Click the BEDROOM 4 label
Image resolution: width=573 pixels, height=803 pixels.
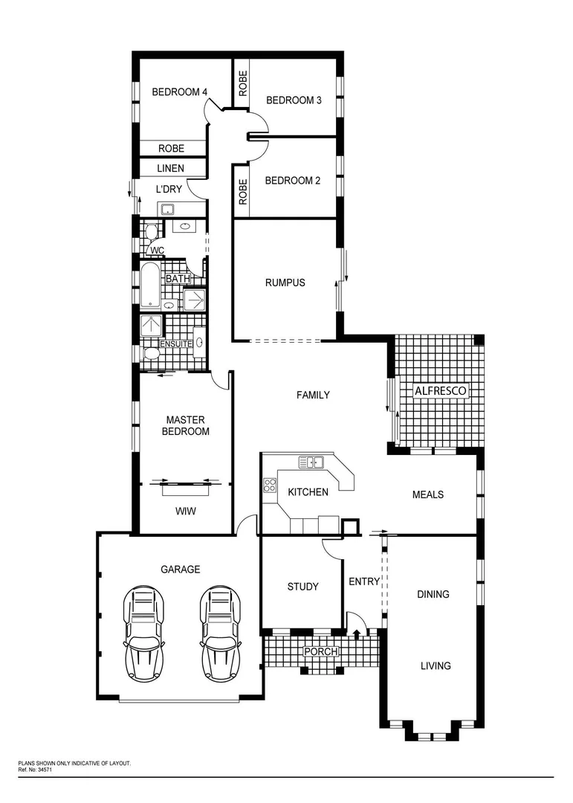179,92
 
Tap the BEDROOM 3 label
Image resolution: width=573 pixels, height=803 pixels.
294,100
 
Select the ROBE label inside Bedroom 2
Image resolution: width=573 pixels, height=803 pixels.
242,192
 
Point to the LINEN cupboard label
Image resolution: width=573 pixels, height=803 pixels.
170,169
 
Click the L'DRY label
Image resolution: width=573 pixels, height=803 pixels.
169,190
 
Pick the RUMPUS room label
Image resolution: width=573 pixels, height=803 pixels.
285,283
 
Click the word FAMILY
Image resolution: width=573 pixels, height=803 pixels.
313,395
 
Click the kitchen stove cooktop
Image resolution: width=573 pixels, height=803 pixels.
268,488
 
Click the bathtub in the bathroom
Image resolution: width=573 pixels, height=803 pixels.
150,284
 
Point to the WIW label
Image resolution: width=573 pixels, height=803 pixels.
186,512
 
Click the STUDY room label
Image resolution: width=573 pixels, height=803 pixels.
302,587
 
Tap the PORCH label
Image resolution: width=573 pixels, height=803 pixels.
321,652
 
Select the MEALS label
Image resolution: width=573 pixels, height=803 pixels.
428,494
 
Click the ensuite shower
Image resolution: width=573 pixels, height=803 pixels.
152,326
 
